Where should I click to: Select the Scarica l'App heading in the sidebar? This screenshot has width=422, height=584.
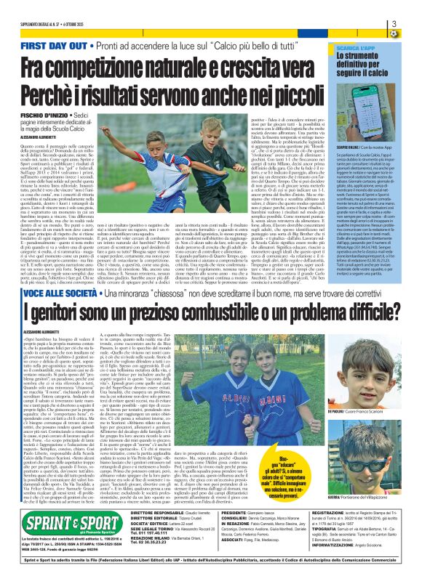[x=375, y=46]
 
